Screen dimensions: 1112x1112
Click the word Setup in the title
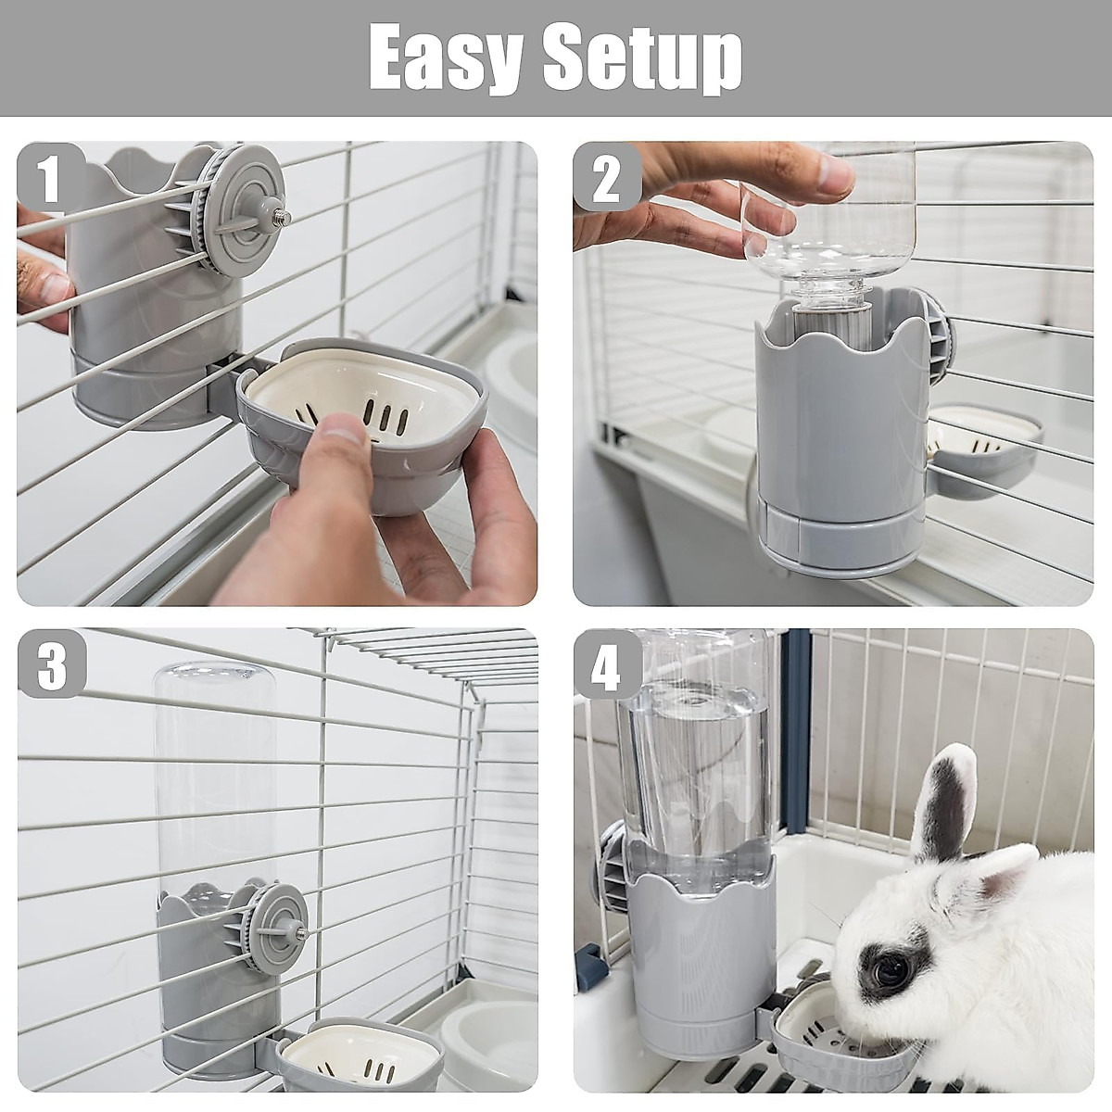pos(642,57)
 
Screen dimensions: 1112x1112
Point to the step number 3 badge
pos(51,663)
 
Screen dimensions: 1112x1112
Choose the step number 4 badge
pos(606,663)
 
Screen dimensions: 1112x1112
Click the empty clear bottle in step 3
pos(216,778)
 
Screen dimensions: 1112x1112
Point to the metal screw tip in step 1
pos(282,218)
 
